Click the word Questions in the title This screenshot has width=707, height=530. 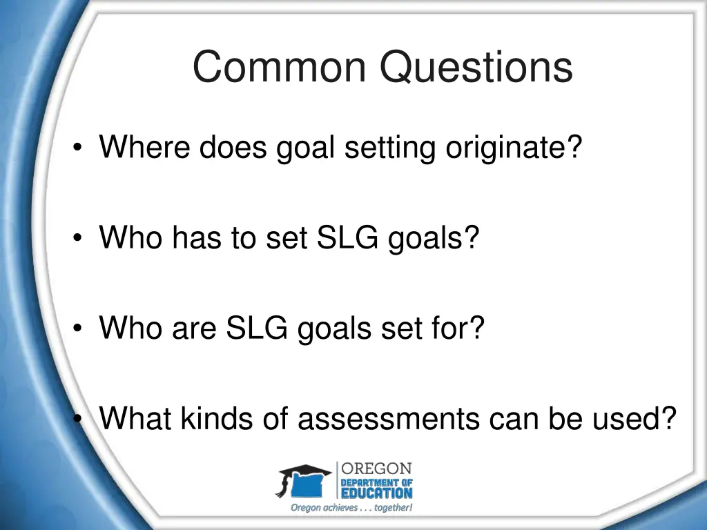(x=476, y=68)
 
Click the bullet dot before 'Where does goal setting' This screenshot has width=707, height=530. (x=81, y=148)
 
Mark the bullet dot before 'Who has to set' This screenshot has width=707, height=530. (x=81, y=239)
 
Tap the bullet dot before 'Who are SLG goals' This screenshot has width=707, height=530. (x=81, y=328)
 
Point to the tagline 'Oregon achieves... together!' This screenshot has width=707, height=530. (x=351, y=508)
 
